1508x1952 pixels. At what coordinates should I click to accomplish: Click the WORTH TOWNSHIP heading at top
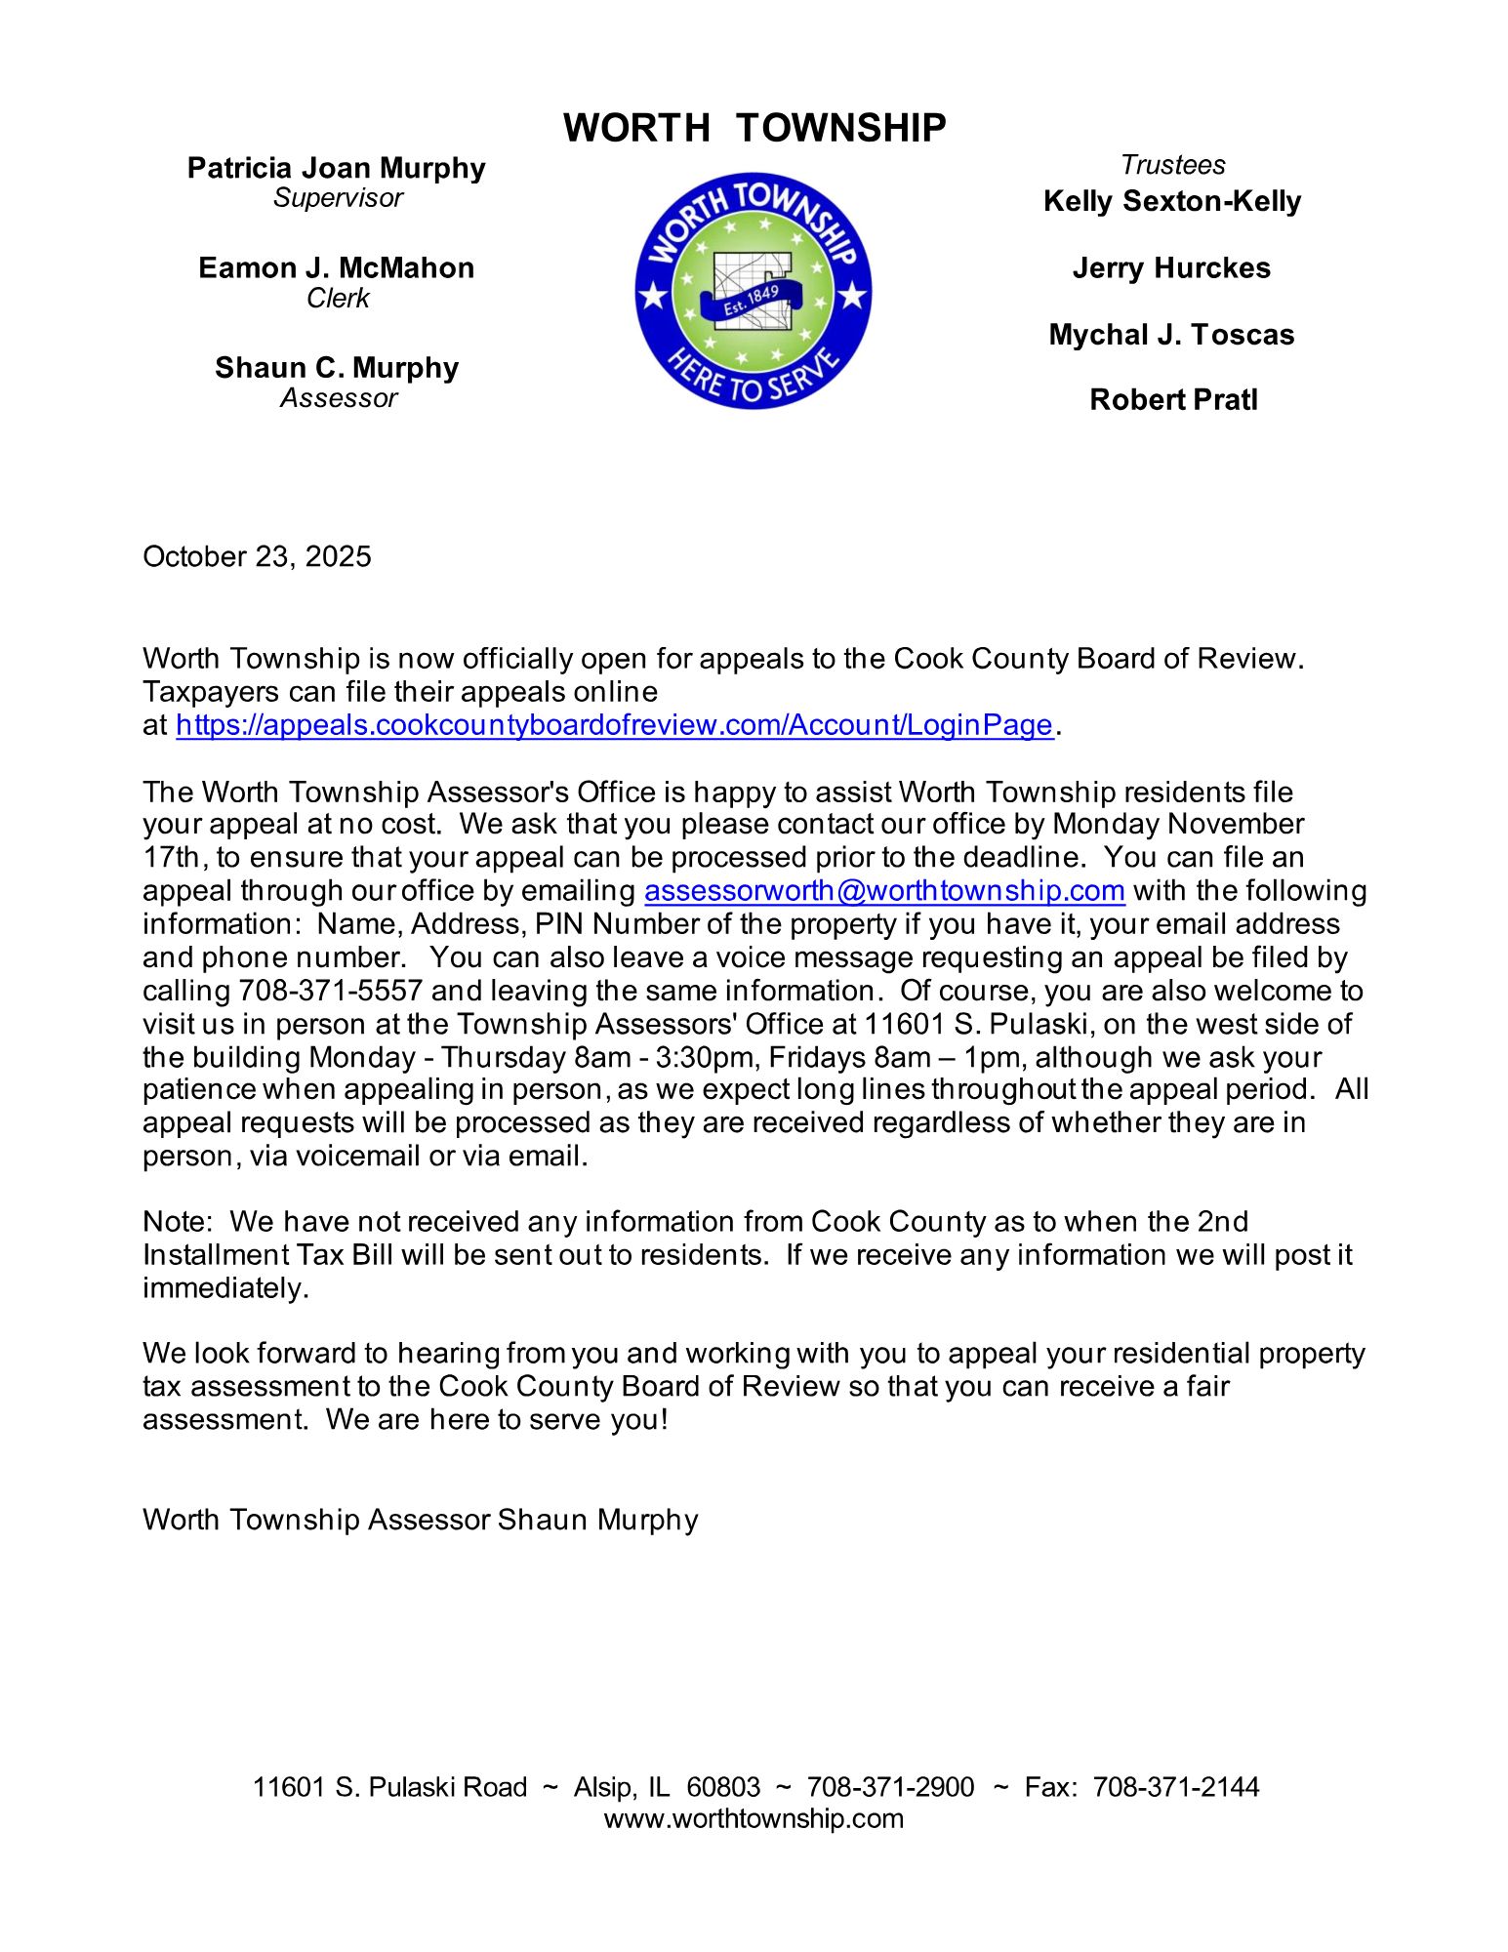pyautogui.click(x=754, y=128)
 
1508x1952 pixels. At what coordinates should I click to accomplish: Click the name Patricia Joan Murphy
pyautogui.click(x=336, y=168)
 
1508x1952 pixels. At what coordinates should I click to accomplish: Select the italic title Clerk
pyautogui.click(x=338, y=298)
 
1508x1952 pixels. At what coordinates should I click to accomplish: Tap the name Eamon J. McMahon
pyautogui.click(x=336, y=267)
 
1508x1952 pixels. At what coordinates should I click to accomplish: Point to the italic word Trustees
pyautogui.click(x=1171, y=164)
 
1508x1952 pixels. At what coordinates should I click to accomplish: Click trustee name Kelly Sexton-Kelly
pyautogui.click(x=1171, y=201)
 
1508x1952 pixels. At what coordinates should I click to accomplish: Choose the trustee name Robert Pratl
pyautogui.click(x=1172, y=399)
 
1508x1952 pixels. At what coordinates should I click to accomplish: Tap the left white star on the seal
pyautogui.click(x=652, y=294)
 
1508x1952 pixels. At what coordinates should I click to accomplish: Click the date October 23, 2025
pyautogui.click(x=257, y=556)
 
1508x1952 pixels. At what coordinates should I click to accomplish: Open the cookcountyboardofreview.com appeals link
pyautogui.click(x=614, y=725)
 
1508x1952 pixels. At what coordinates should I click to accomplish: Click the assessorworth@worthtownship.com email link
pyautogui.click(x=884, y=890)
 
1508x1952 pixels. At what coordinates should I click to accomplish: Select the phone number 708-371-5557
pyautogui.click(x=330, y=991)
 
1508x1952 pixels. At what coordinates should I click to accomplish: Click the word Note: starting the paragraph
pyautogui.click(x=177, y=1221)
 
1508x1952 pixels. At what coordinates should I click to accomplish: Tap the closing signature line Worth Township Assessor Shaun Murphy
pyautogui.click(x=420, y=1520)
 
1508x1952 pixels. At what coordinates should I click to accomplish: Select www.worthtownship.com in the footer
pyautogui.click(x=754, y=1818)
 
